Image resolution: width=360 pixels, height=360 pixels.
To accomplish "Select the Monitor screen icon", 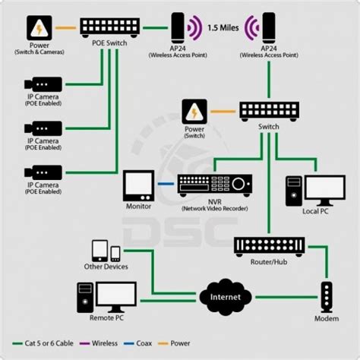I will [139, 184].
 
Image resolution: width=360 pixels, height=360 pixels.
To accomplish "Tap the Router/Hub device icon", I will [269, 245].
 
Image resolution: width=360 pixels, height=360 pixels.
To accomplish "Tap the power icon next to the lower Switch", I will [196, 112].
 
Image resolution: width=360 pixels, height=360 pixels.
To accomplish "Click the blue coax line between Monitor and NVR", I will [166, 184].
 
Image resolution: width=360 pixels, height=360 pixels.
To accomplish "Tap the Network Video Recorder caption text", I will [216, 207].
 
